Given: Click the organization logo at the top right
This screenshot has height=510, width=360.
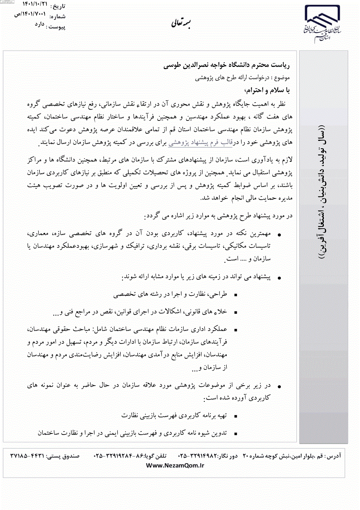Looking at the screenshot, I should tap(322, 24).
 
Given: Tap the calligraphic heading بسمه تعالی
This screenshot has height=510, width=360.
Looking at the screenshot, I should tap(181, 23).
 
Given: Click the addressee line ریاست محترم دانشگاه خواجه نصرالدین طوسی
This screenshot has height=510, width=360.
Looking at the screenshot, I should tap(226, 65).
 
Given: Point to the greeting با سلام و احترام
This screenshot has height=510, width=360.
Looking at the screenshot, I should tap(267, 91).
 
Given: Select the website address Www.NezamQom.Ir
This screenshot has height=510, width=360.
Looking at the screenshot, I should tap(175, 465).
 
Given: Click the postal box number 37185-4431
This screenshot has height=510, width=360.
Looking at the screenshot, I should tap(27, 456).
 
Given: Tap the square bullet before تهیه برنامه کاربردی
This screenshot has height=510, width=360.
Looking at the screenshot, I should tap(235, 416).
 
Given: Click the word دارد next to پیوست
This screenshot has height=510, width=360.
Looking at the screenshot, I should tap(39, 24).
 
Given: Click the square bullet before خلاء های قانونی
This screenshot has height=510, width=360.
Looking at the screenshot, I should tap(235, 312).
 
